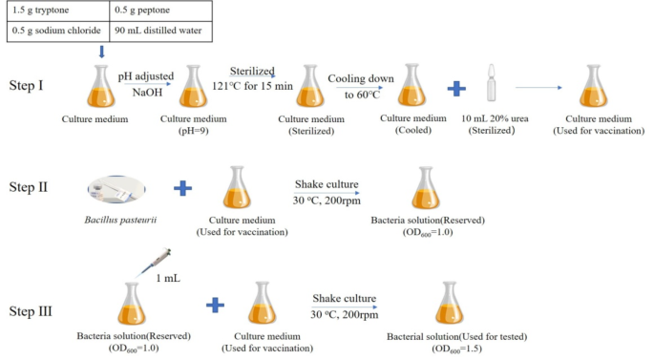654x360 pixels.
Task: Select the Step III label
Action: [x=34, y=310]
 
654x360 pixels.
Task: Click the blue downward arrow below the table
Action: [x=102, y=52]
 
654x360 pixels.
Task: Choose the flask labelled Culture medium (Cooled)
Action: [x=412, y=87]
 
